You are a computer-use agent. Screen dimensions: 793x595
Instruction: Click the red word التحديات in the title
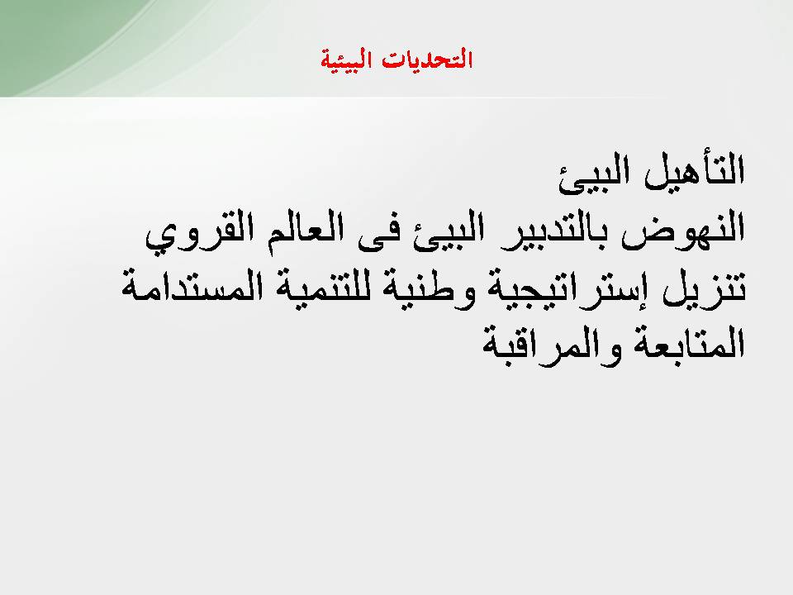[426, 59]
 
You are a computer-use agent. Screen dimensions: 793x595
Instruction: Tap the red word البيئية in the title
[346, 60]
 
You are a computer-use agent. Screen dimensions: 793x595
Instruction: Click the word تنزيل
[704, 288]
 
